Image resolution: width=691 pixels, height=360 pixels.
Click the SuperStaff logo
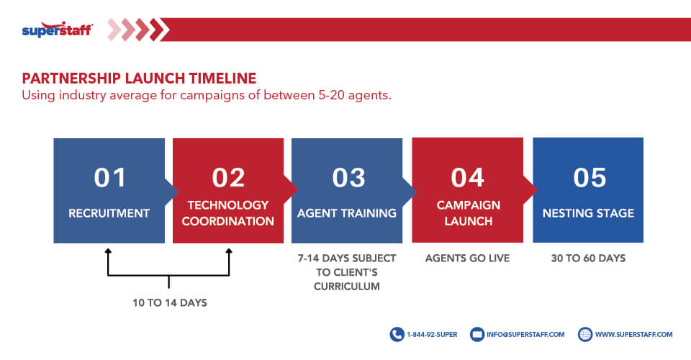coord(57,30)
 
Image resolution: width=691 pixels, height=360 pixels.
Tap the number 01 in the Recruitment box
coord(110,178)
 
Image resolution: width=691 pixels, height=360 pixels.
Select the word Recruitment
coord(109,213)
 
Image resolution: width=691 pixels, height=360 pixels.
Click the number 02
coord(229,178)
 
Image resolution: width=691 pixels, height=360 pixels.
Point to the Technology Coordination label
coord(228,213)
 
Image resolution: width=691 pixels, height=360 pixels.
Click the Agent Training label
coord(347,213)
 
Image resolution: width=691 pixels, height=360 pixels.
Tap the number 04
coord(468,178)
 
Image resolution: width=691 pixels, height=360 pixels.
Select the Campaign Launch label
coord(468,213)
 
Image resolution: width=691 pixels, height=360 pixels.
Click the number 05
coord(590,178)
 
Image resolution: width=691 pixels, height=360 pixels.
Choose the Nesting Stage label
coord(588,213)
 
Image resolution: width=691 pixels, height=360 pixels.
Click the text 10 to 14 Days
coord(169,303)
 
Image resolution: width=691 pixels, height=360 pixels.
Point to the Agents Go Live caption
coord(467,258)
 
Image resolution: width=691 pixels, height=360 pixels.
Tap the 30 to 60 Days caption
coord(588,258)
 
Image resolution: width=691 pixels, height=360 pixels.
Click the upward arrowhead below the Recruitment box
coord(108,251)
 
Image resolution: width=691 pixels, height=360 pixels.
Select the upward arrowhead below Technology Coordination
coord(229,251)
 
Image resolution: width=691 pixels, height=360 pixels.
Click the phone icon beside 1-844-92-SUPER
coord(397,334)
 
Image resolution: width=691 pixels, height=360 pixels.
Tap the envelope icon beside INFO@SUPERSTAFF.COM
coord(477,334)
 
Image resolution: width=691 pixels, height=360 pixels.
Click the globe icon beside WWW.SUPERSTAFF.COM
coord(584,334)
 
